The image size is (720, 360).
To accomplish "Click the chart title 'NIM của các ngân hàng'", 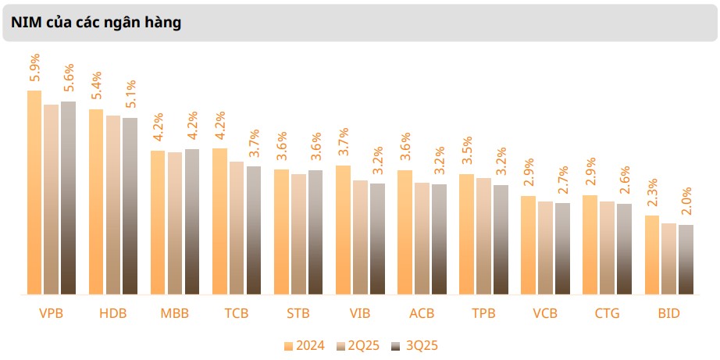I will tap(96, 23).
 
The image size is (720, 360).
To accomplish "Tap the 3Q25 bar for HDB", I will tap(130, 206).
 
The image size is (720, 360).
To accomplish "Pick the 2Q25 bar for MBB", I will tap(174, 223).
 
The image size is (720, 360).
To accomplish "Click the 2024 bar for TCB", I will tap(219, 222).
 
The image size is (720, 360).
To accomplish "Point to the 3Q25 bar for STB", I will tap(315, 232).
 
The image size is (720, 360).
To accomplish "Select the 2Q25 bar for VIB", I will tap(360, 237).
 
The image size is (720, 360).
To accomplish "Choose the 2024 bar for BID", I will tap(652, 255).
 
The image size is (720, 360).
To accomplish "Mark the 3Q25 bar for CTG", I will tap(624, 249).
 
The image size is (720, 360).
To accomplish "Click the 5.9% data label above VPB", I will tap(35, 70).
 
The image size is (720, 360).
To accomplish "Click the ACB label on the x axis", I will tap(422, 314).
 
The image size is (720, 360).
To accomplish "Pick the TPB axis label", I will tap(483, 314).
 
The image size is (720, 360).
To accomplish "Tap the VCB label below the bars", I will tap(545, 314).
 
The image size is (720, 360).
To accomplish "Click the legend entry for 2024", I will tap(304, 346).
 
